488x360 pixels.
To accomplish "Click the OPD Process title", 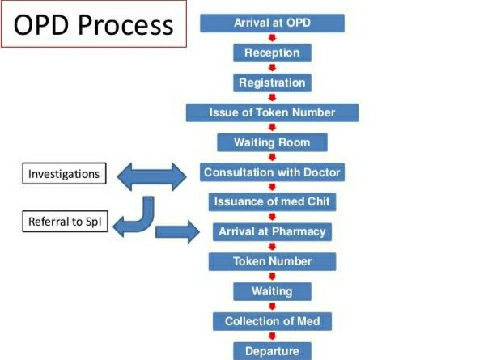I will [94, 24].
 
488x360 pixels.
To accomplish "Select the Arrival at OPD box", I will [273, 23].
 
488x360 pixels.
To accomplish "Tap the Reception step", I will [273, 53].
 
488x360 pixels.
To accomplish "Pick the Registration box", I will [273, 83].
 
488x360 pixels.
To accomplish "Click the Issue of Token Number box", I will [273, 112].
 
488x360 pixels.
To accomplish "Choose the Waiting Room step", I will [273, 142].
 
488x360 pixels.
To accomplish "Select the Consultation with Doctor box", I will [273, 172].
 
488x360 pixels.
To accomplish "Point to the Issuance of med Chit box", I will [273, 201].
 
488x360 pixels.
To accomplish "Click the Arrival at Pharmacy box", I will [273, 231].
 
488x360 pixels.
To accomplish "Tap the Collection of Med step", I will [273, 321].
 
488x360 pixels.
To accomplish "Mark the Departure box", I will [273, 351].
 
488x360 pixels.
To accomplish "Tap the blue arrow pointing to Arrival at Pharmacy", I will [177, 233].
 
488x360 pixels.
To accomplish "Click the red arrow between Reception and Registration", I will [273, 68].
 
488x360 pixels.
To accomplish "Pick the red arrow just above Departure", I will [273, 337].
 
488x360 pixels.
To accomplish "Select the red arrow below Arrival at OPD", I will [273, 38].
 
